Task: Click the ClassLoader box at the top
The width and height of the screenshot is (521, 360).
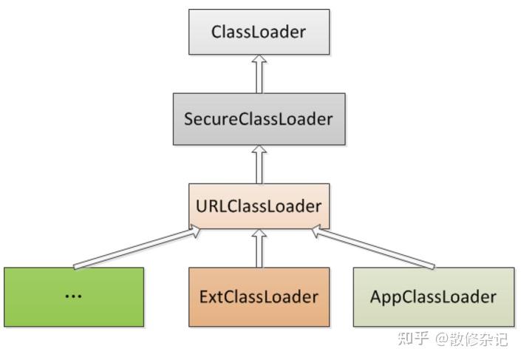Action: (x=259, y=32)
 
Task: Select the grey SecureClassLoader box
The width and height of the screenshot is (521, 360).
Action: (x=259, y=118)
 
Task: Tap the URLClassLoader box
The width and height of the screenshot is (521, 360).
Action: (x=259, y=206)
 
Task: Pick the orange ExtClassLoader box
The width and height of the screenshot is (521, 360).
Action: (x=259, y=296)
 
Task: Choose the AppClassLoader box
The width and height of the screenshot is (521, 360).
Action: (x=432, y=296)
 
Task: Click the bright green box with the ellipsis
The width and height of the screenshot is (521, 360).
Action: (x=73, y=296)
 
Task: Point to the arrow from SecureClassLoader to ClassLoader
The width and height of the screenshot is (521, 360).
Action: (x=259, y=74)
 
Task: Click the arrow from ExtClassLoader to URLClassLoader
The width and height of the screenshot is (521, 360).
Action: (x=259, y=248)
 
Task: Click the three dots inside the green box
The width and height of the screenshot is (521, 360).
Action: (x=73, y=295)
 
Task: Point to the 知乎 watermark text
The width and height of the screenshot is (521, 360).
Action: (x=413, y=339)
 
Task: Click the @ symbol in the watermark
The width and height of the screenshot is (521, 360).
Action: (x=442, y=340)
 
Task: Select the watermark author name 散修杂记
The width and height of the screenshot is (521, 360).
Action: (x=480, y=340)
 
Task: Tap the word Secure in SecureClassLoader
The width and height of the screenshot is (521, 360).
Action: (x=208, y=118)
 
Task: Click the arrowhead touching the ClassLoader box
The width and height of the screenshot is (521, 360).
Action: (x=259, y=60)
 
